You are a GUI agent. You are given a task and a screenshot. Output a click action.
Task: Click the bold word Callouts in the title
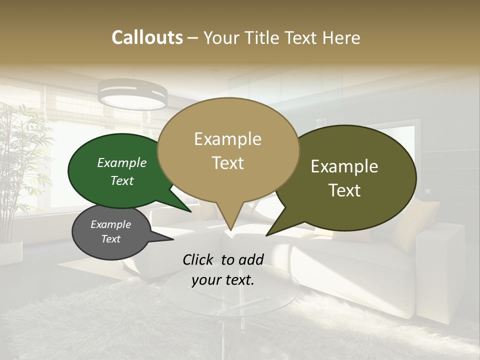pos(147,37)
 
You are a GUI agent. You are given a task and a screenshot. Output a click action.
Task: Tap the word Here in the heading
pos(342,37)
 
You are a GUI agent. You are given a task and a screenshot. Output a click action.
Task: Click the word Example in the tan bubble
pos(227,139)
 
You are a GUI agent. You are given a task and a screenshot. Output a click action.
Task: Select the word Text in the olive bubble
pos(344,190)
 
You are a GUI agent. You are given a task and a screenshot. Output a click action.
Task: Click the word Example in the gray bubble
pos(110,224)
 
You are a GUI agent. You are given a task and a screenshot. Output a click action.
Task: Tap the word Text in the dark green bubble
pos(122,181)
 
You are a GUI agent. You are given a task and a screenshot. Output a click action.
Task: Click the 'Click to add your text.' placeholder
pos(222,269)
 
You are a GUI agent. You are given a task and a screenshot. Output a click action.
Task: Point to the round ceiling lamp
pos(132,95)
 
